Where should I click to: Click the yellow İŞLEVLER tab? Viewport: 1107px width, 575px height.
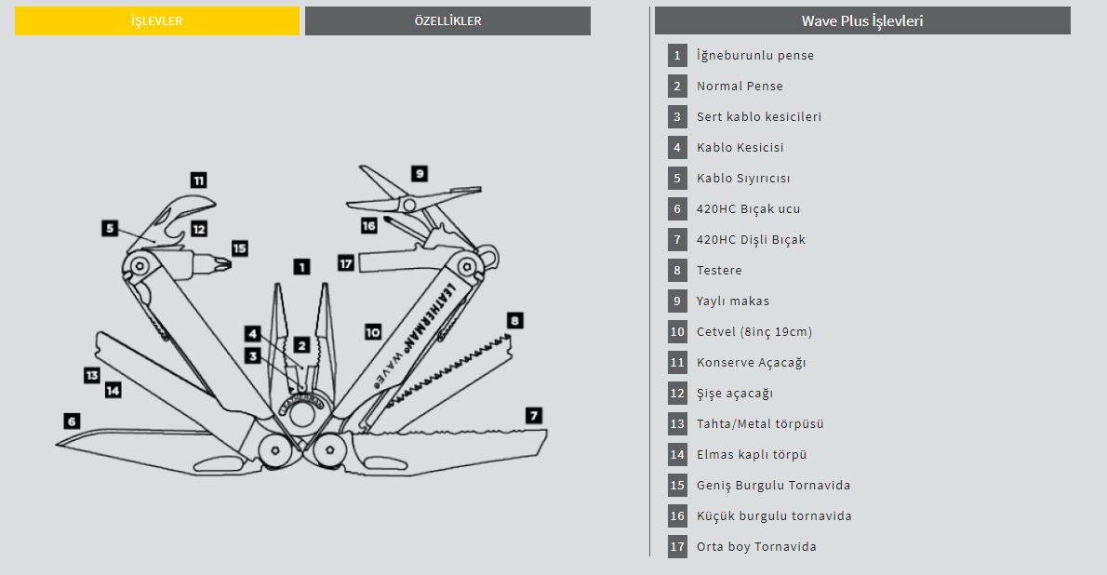click(156, 20)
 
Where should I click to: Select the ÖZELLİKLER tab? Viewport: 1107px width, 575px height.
click(447, 20)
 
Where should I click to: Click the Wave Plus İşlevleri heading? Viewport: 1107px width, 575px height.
click(862, 20)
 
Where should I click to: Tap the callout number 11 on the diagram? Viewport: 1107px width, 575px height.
click(198, 181)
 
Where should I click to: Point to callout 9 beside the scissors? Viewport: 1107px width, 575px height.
click(420, 173)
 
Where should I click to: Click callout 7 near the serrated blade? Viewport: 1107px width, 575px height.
click(534, 415)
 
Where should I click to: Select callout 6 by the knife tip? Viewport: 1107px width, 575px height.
click(72, 420)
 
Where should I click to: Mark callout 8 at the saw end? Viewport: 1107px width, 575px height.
click(514, 321)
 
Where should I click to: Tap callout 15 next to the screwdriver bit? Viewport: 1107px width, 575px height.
click(239, 248)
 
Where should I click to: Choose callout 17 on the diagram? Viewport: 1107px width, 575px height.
click(346, 263)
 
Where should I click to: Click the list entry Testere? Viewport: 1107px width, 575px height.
click(719, 270)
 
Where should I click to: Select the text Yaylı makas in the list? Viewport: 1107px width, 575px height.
click(732, 301)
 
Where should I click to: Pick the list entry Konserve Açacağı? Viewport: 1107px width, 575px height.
click(751, 362)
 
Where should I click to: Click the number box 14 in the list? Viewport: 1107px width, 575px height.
click(677, 454)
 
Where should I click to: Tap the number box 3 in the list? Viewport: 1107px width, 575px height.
click(677, 116)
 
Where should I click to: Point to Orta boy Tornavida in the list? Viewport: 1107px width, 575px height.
click(756, 546)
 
